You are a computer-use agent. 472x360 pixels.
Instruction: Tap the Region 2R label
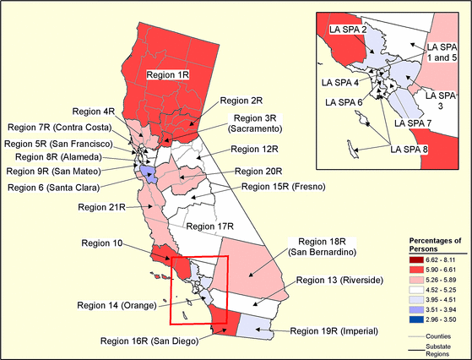click(x=235, y=100)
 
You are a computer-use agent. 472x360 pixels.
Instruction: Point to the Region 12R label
click(x=258, y=150)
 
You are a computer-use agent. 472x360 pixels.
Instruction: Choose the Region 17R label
click(x=209, y=226)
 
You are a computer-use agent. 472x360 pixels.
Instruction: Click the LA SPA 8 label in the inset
click(x=409, y=150)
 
